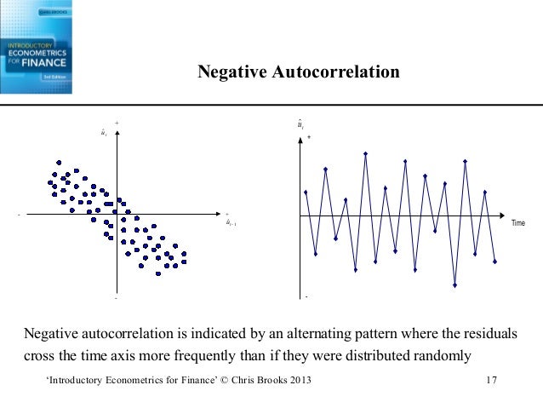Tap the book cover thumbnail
click(36, 47)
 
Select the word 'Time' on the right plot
click(518, 223)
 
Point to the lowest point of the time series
click(454, 285)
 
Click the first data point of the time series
click(306, 192)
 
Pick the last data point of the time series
click(494, 261)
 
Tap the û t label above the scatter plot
click(103, 133)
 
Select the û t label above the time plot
click(301, 125)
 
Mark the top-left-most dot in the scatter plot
click(58, 163)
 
